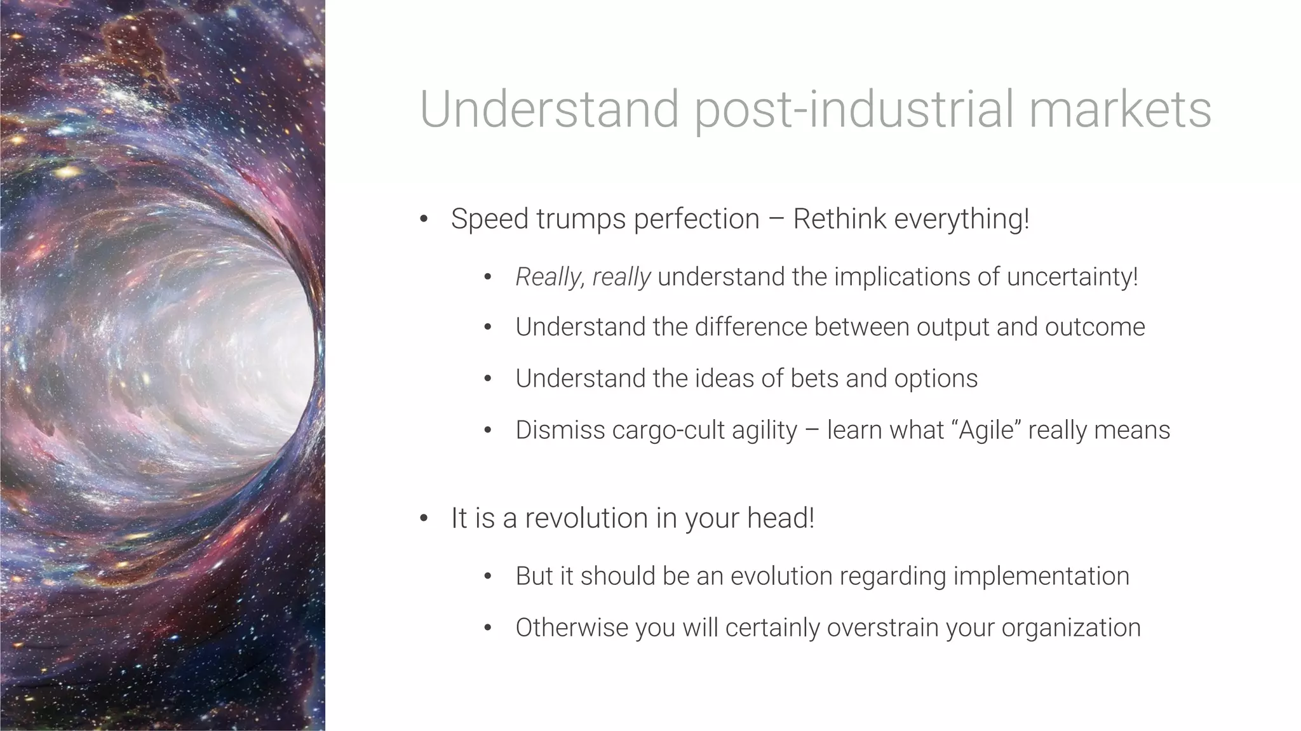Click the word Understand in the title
pos(549,109)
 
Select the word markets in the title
pos(1120,109)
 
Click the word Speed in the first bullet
pos(489,219)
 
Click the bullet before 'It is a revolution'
pos(424,519)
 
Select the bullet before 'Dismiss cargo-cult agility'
pos(488,431)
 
